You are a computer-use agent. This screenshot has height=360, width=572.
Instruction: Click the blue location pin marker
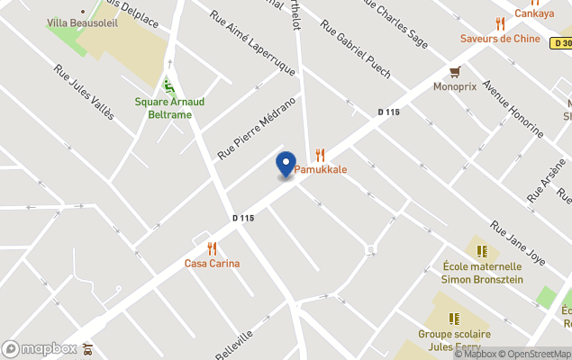pyautogui.click(x=286, y=165)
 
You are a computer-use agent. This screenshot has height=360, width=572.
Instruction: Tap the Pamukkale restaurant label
pyautogui.click(x=321, y=169)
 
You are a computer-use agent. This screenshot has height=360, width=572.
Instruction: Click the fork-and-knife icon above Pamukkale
pyautogui.click(x=320, y=154)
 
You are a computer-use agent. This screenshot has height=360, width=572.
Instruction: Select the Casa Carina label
pyautogui.click(x=212, y=264)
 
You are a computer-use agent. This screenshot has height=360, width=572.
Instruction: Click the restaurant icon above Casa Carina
pyautogui.click(x=212, y=248)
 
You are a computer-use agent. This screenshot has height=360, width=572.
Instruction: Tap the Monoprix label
pyautogui.click(x=455, y=87)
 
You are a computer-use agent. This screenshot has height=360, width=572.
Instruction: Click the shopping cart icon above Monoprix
pyautogui.click(x=456, y=72)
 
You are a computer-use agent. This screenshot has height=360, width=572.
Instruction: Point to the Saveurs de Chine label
pyautogui.click(x=500, y=39)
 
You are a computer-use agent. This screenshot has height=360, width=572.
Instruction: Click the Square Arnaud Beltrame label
pyautogui.click(x=169, y=108)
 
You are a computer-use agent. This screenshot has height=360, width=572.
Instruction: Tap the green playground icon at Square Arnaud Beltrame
pyautogui.click(x=168, y=86)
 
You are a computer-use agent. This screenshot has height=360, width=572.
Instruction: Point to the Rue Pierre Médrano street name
pyautogui.click(x=257, y=128)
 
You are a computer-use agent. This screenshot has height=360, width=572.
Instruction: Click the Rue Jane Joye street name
pyautogui.click(x=518, y=242)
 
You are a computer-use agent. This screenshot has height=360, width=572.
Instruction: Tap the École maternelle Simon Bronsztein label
pyautogui.click(x=482, y=272)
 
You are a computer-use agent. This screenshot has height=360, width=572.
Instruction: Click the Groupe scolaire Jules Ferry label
pyautogui.click(x=454, y=339)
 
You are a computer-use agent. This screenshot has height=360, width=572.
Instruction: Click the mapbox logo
pyautogui.click(x=40, y=348)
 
